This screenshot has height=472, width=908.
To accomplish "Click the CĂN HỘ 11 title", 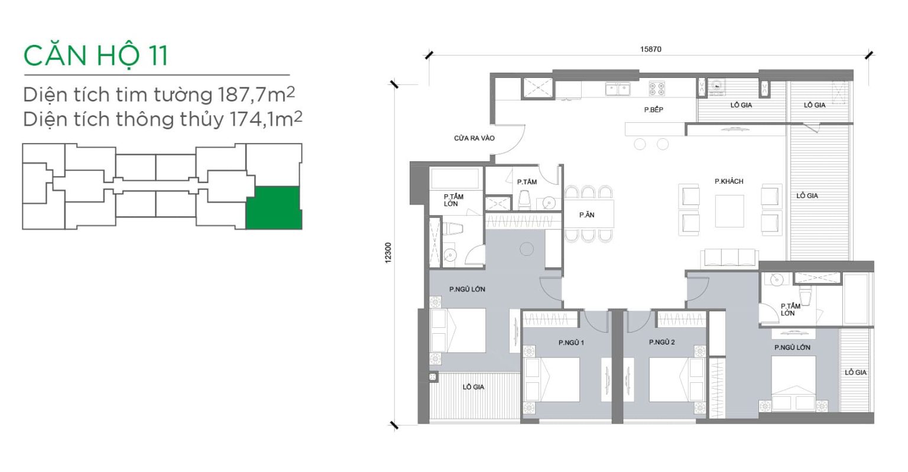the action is pyautogui.click(x=96, y=57).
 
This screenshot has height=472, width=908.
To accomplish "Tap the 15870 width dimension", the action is pyautogui.click(x=651, y=49).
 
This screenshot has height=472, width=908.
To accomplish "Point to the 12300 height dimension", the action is pyautogui.click(x=388, y=253).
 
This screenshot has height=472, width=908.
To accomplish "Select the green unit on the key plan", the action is pyautogui.click(x=274, y=208).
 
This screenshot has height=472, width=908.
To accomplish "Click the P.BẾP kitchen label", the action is pyautogui.click(x=653, y=109).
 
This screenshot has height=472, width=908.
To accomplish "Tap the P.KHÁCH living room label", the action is pyautogui.click(x=729, y=181).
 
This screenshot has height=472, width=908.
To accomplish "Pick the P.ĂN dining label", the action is pyautogui.click(x=586, y=214).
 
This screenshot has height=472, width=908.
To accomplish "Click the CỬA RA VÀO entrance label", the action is pyautogui.click(x=474, y=138).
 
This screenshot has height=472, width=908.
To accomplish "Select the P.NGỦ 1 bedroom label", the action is pyautogui.click(x=571, y=343).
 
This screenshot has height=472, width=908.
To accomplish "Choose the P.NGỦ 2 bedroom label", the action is pyautogui.click(x=662, y=343).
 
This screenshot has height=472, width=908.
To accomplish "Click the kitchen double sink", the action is pyautogui.click(x=618, y=89).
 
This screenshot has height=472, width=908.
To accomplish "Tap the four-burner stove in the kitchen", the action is pyautogui.click(x=657, y=89).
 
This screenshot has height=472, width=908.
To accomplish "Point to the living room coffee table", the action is pyautogui.click(x=729, y=211).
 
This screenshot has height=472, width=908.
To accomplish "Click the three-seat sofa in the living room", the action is pyautogui.click(x=729, y=258).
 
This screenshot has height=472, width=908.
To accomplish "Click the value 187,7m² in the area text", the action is pyautogui.click(x=256, y=95).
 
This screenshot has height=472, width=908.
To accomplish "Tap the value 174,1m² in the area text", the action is pyautogui.click(x=265, y=119).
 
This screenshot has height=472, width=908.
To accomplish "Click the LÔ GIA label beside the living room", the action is pyautogui.click(x=807, y=196).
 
